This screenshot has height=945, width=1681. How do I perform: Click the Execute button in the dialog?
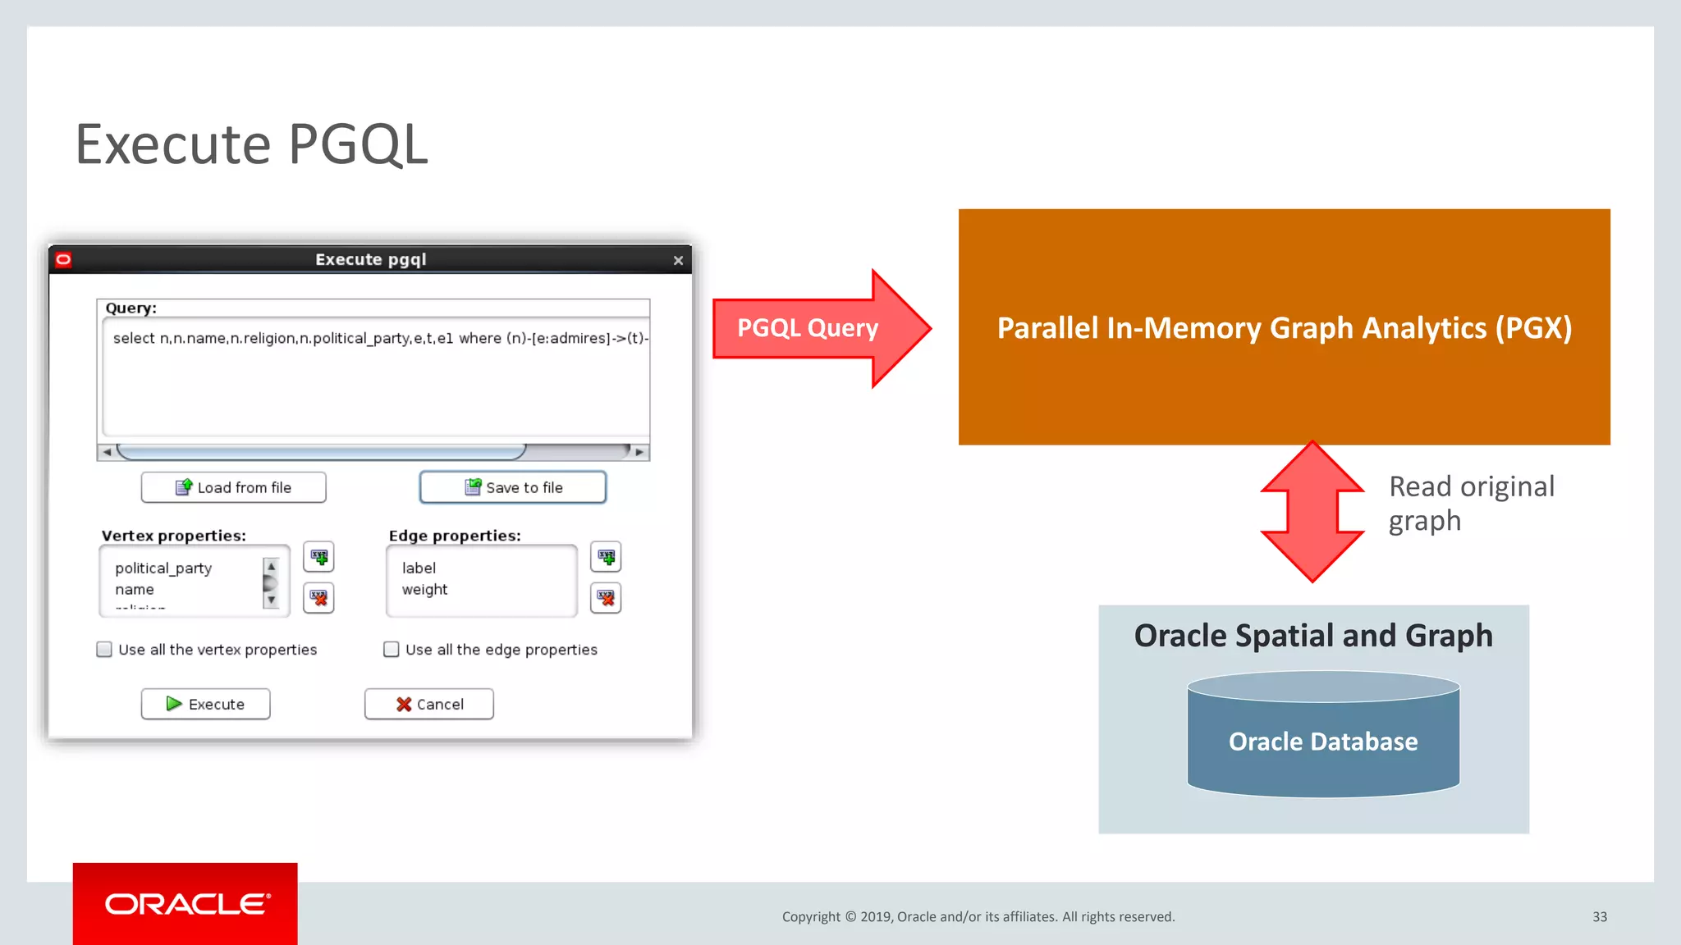[x=205, y=704]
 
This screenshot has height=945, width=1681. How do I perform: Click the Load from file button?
[x=234, y=487]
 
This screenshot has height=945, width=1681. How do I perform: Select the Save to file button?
[x=513, y=487]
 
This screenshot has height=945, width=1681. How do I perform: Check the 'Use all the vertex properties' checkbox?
[x=104, y=650]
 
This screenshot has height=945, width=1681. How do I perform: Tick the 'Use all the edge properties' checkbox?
[x=392, y=650]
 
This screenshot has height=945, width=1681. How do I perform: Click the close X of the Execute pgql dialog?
[x=678, y=261]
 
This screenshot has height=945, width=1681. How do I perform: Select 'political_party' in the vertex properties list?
[x=163, y=568]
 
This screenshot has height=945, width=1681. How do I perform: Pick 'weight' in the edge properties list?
[x=424, y=589]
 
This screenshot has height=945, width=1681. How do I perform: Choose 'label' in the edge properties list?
[x=419, y=568]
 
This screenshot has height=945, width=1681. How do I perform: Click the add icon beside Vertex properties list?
[x=318, y=557]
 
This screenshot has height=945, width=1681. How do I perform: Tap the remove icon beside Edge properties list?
[x=606, y=597]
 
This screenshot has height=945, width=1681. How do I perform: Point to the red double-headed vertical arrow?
[x=1312, y=512]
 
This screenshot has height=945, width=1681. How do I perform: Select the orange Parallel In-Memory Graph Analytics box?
[x=1284, y=327]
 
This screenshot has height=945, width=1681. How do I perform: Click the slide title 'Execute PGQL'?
[x=251, y=144]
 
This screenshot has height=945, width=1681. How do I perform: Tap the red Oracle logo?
[x=186, y=903]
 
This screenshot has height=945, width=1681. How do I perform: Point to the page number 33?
[x=1600, y=916]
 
